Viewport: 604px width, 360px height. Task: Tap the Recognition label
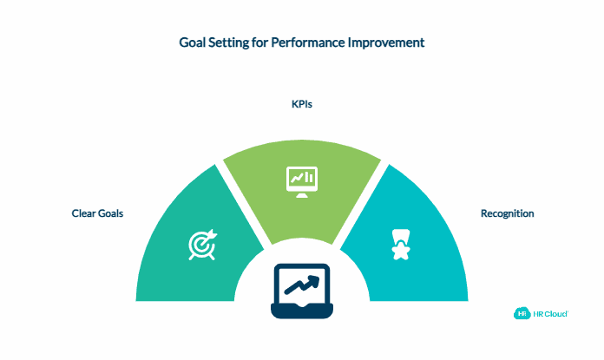click(507, 213)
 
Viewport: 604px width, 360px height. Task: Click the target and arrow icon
click(202, 245)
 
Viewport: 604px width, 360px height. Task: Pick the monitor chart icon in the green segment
click(301, 179)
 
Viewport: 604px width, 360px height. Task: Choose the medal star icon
click(400, 245)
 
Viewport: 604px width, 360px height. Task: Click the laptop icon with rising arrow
click(301, 290)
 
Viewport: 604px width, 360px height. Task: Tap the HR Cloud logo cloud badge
click(523, 313)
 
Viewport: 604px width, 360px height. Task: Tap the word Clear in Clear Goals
click(84, 213)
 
